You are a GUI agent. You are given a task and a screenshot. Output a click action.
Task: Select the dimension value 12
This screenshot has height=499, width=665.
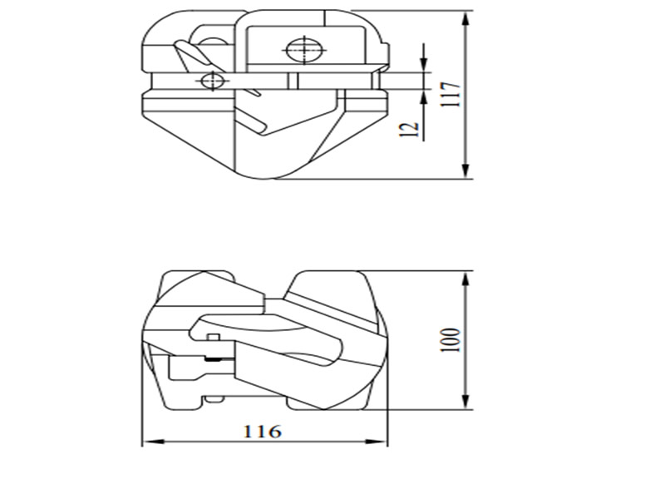pos(408,129)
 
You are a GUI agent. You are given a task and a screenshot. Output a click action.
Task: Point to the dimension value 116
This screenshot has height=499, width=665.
pos(262,432)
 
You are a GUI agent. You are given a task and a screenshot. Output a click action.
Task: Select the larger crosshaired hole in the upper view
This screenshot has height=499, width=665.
pos(301,50)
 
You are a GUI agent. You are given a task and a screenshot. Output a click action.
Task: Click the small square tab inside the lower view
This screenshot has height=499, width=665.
pos(213,336)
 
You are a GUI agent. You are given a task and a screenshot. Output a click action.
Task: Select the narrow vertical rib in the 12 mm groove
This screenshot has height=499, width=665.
pos(293,81)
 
